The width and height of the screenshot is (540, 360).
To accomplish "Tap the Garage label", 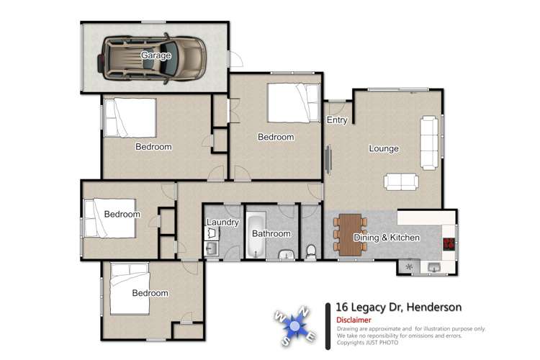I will click(x=156, y=55).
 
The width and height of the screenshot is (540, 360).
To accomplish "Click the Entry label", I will click(x=337, y=120).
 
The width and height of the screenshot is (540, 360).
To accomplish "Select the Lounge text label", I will click(x=384, y=149).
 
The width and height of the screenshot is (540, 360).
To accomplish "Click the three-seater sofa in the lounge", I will click(x=429, y=140).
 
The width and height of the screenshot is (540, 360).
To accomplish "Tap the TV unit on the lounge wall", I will click(x=329, y=158).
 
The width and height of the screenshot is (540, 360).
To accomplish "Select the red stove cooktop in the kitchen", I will click(x=449, y=243).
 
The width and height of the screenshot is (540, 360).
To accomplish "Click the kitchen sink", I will click(x=434, y=267).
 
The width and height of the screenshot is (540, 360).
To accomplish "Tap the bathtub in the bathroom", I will click(x=256, y=234).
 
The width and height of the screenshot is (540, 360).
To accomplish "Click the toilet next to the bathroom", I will click(x=311, y=251).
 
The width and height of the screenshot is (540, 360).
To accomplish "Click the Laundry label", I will click(x=222, y=222).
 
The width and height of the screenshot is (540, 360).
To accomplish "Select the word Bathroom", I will click(x=271, y=233).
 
